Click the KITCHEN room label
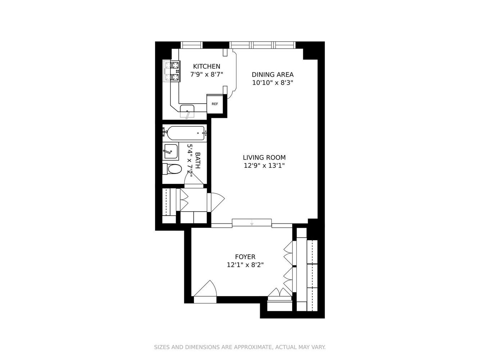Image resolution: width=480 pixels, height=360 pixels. point(207,67)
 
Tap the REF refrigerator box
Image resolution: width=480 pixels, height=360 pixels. point(215,104)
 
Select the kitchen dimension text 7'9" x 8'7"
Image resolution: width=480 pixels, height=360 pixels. point(207,75)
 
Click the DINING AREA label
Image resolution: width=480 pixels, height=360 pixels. point(272,75)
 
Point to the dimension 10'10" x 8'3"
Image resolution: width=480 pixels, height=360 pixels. point(272,83)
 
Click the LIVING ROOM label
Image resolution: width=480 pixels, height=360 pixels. point(264,158)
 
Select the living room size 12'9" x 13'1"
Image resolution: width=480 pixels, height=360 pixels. point(264,166)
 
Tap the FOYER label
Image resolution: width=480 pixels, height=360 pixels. point(245,257)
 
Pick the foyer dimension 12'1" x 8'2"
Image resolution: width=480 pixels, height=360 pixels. point(245,265)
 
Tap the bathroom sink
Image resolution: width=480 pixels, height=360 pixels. point(171,151)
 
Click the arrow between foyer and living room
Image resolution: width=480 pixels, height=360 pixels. point(252,224)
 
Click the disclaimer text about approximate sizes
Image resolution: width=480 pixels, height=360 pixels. point(240,347)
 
